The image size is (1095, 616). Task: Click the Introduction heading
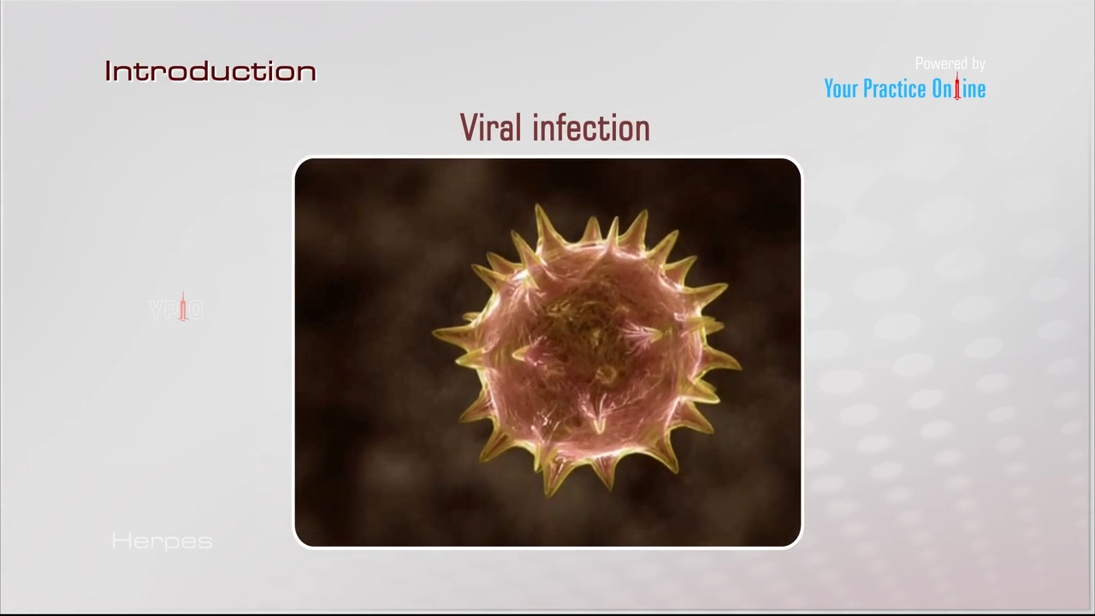(210, 71)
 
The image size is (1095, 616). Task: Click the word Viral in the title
(490, 128)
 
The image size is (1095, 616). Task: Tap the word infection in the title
(590, 128)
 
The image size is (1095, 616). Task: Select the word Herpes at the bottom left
(162, 541)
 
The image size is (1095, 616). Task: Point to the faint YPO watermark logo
(175, 309)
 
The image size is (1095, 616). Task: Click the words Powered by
(950, 63)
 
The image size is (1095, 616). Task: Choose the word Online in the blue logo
(958, 89)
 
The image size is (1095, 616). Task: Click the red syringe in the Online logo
(957, 86)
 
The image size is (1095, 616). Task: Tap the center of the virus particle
(589, 349)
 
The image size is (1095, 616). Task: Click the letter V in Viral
(469, 128)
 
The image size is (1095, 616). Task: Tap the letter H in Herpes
(119, 541)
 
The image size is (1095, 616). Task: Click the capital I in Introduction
(109, 71)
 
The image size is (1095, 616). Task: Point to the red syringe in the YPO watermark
(182, 306)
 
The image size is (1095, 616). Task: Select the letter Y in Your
(829, 89)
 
